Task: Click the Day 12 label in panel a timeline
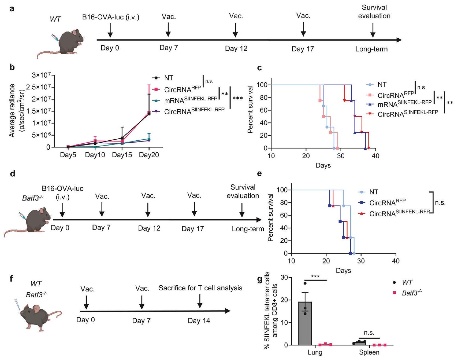click(x=236, y=49)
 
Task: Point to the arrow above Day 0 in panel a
click(x=110, y=30)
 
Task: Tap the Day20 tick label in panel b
click(x=149, y=155)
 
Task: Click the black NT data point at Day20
click(x=149, y=114)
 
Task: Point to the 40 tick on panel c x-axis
click(x=376, y=156)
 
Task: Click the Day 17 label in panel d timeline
click(x=193, y=229)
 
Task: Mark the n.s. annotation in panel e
click(x=440, y=203)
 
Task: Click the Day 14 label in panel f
click(x=199, y=321)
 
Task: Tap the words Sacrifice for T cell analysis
click(x=200, y=288)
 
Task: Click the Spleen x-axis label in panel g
click(x=369, y=352)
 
